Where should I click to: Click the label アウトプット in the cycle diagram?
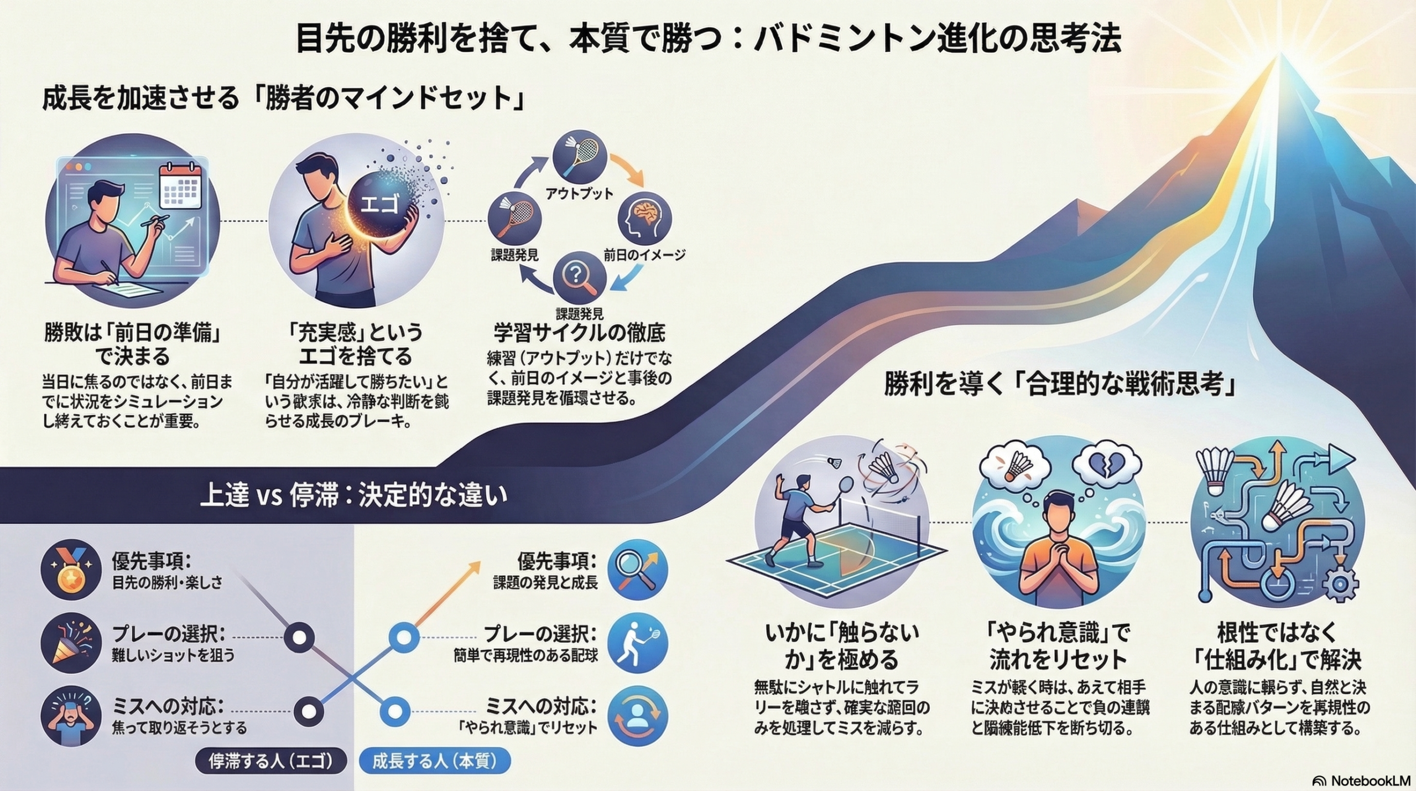[x=579, y=193]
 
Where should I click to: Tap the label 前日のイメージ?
[x=644, y=255]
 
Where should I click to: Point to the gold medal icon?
[x=71, y=571]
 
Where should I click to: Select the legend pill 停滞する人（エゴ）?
[x=271, y=761]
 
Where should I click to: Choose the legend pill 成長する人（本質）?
[x=434, y=761]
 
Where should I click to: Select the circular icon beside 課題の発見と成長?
[x=638, y=571]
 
